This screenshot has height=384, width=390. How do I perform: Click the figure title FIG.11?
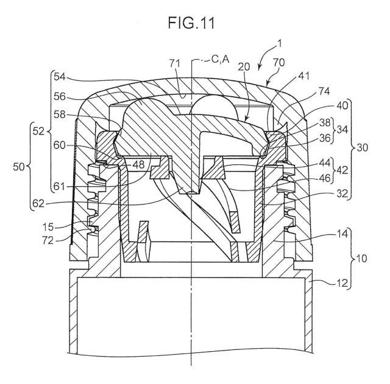pos(191,23)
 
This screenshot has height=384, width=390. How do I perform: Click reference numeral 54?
pos(60,77)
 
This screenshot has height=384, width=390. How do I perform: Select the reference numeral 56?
pos(60,96)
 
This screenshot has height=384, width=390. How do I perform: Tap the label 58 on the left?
pos(60,114)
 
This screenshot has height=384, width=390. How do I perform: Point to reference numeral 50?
pos(19,167)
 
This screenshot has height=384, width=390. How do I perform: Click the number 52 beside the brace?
pos(38,131)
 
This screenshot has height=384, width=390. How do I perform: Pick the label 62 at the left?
pos(38,204)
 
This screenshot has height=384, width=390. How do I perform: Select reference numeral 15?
pos(48,227)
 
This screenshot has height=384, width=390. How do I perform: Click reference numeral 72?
pos(48,240)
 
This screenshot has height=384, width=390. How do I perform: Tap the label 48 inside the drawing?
pos(138,164)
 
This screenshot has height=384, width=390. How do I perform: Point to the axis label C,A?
pos(221,60)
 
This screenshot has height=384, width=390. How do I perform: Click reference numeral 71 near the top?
pos(175,63)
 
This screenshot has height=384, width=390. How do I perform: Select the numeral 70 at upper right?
pos(279,63)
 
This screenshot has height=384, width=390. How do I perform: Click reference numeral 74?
pos(324,91)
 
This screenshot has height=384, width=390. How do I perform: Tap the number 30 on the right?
pos(363,147)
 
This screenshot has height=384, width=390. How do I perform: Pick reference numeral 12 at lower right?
pos(342,282)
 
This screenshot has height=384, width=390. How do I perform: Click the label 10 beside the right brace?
pos(361,258)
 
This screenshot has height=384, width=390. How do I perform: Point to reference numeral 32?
pos(342,193)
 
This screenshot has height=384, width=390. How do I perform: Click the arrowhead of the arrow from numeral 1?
pos(260,68)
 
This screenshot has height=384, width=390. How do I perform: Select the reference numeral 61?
pos(59,186)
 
